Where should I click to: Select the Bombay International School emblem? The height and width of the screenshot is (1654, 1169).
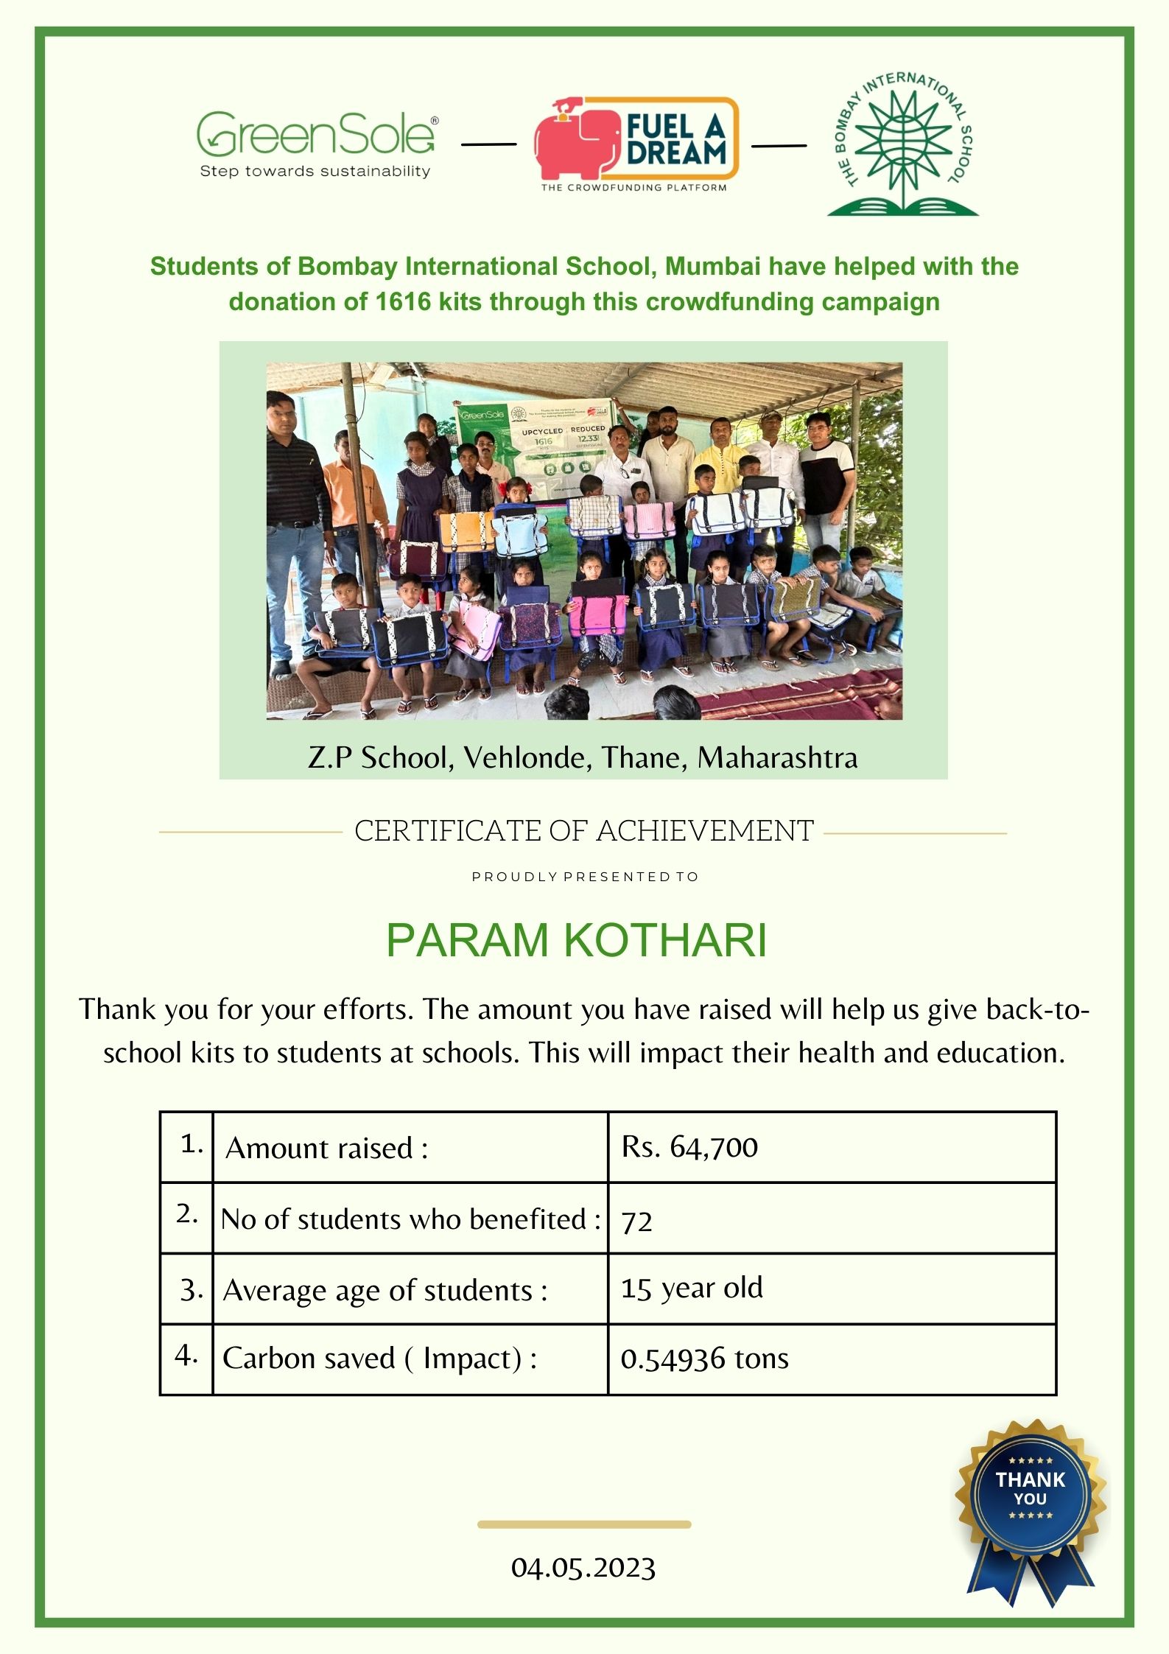click(903, 144)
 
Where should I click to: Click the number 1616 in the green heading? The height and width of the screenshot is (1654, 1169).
click(403, 302)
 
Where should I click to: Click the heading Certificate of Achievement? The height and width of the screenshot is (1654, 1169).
click(583, 831)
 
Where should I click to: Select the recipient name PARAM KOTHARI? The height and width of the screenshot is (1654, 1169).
click(576, 940)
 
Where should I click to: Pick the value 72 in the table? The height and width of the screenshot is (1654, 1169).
click(637, 1222)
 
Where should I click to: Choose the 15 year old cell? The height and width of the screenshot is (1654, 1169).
click(692, 1288)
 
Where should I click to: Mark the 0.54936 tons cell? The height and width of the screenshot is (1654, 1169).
click(704, 1359)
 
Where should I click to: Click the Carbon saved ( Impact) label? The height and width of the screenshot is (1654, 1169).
click(379, 1358)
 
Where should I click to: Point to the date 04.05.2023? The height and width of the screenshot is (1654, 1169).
click(583, 1568)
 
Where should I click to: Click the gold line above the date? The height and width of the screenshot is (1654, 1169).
click(583, 1524)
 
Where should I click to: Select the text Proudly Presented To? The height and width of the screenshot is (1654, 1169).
click(585, 877)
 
